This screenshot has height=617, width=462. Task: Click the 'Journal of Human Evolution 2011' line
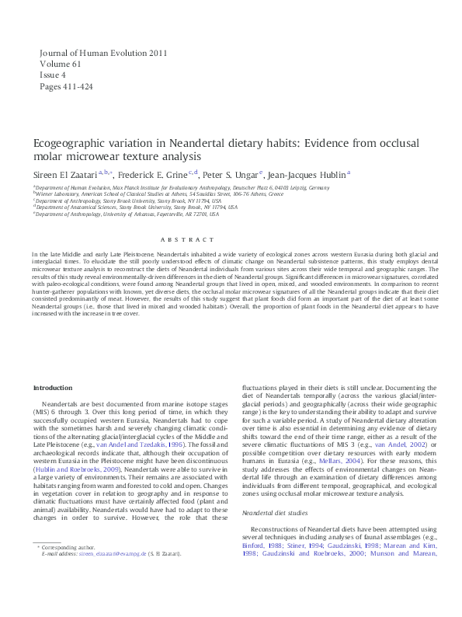103,54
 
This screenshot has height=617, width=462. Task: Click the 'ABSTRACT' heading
230,240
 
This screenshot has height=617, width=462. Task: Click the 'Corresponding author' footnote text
68,591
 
